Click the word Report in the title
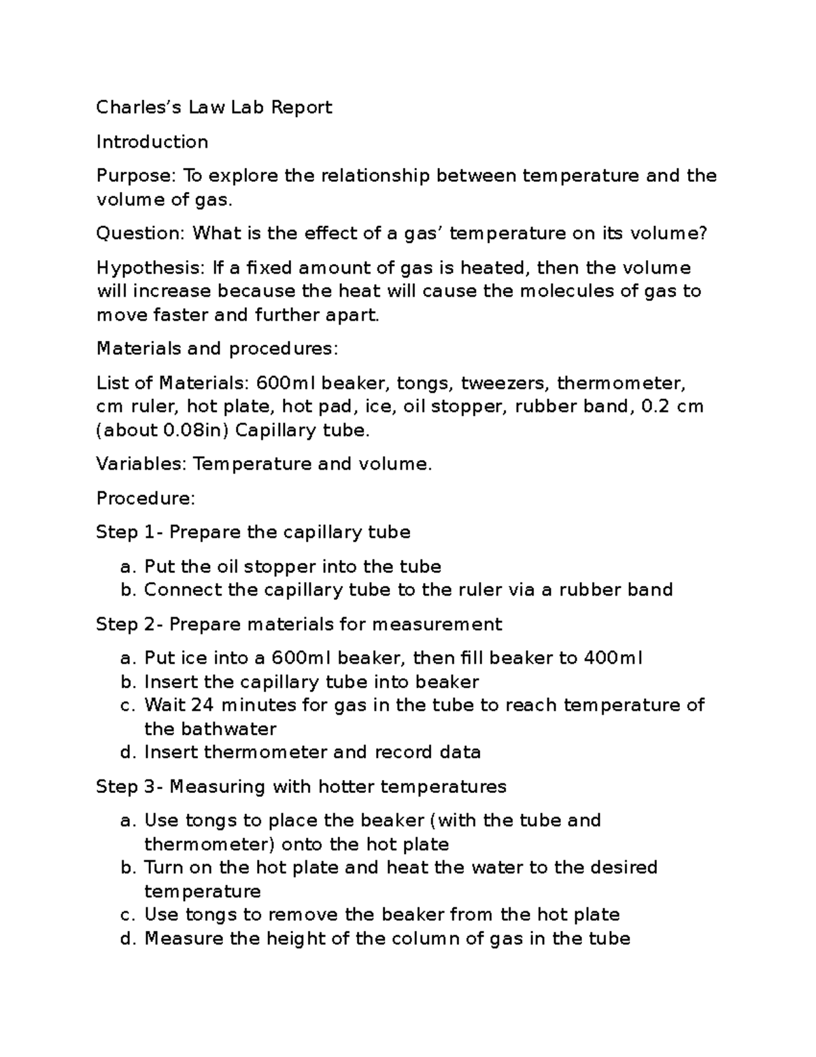coord(301,108)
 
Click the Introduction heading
coord(152,142)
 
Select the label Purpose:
coord(136,176)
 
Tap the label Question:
coord(140,233)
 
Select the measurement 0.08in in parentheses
coord(190,430)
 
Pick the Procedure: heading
coord(146,498)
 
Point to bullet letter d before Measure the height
coord(125,939)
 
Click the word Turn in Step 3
coord(160,868)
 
